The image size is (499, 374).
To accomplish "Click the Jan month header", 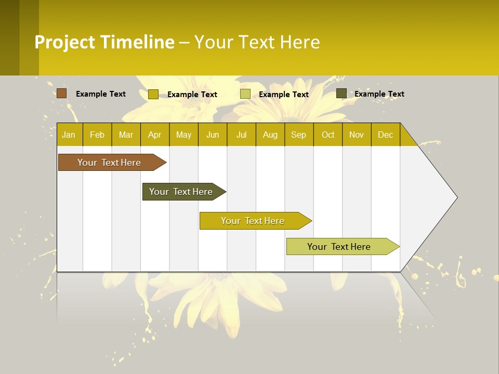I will [69, 135].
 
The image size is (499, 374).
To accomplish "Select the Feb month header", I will [97, 135].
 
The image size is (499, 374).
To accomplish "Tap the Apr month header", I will [154, 135].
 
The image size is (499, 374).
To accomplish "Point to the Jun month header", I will [213, 135].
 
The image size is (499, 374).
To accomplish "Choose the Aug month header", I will [270, 135].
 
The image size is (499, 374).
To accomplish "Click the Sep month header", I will [298, 135].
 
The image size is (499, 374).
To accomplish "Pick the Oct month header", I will [328, 135].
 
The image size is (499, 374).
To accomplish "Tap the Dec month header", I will [385, 135].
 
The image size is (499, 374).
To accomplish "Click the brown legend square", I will [62, 94].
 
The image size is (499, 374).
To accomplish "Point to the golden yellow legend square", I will [153, 94].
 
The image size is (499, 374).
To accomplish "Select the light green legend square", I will [245, 94].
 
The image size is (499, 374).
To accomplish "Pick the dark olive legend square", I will [342, 94].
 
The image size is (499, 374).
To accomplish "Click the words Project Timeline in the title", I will [104, 42].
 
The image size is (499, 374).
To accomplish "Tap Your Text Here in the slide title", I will [257, 42].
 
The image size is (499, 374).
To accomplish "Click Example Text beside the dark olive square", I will [379, 94].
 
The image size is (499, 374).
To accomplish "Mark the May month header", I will [183, 135].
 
